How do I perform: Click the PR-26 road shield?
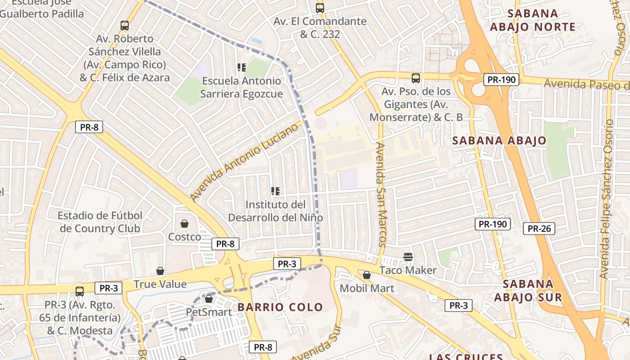[x=539, y=229]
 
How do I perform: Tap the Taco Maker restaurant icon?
[x=408, y=257]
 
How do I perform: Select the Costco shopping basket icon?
[x=184, y=224]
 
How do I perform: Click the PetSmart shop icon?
[x=208, y=299]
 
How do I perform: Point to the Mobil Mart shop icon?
[x=367, y=275]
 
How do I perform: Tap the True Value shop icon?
[x=160, y=271]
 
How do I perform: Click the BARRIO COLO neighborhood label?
[x=280, y=307]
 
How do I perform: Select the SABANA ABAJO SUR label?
[x=528, y=291]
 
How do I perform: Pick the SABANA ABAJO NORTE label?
[x=532, y=20]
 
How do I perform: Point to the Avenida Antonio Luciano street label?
[x=244, y=162]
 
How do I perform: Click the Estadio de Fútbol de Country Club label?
[x=100, y=222]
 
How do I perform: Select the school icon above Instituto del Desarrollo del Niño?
[x=275, y=191]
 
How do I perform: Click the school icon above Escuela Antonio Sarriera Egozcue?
[x=242, y=67]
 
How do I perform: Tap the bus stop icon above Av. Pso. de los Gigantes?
[x=416, y=78]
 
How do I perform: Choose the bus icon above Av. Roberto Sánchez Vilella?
[x=125, y=26]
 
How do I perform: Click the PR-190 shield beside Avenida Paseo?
[x=501, y=80]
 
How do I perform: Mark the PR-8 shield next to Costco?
[x=225, y=244]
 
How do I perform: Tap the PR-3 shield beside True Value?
[x=108, y=288]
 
